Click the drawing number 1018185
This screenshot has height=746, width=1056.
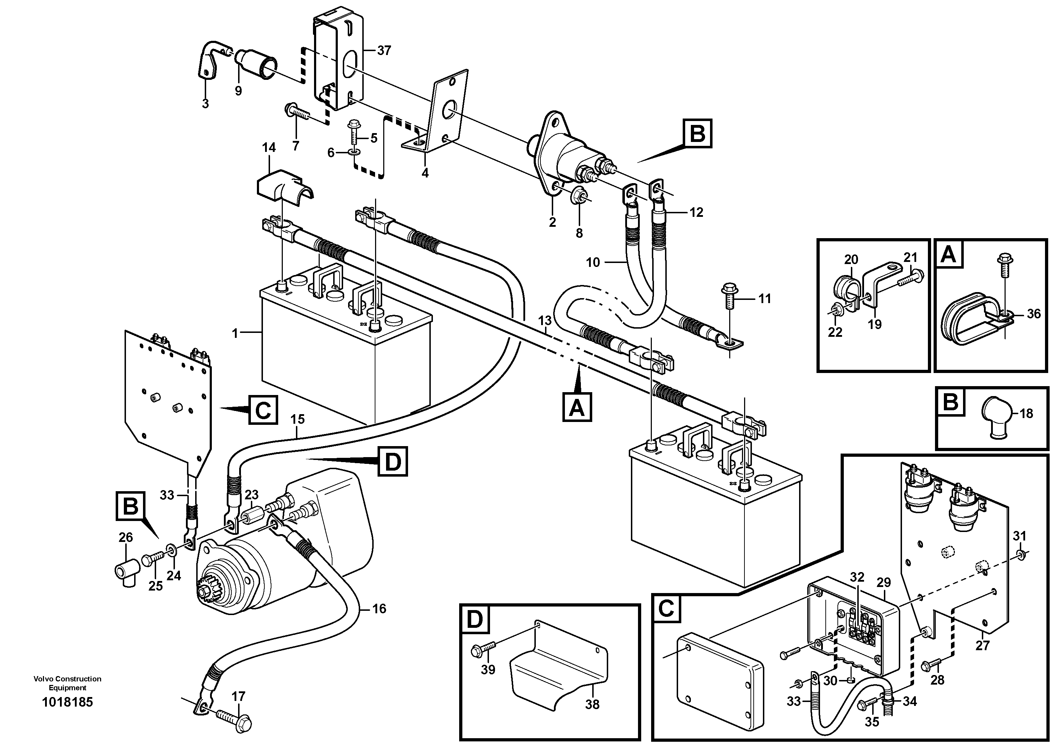click(67, 702)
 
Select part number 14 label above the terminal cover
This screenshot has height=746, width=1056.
click(269, 148)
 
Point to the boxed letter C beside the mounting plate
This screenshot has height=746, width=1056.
click(263, 409)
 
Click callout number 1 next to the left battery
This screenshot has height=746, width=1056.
click(236, 333)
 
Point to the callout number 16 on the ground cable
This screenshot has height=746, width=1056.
click(379, 609)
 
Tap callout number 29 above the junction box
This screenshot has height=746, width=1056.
click(884, 582)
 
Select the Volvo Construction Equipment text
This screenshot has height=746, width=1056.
click(67, 682)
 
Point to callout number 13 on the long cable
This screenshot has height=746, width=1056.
click(545, 320)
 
